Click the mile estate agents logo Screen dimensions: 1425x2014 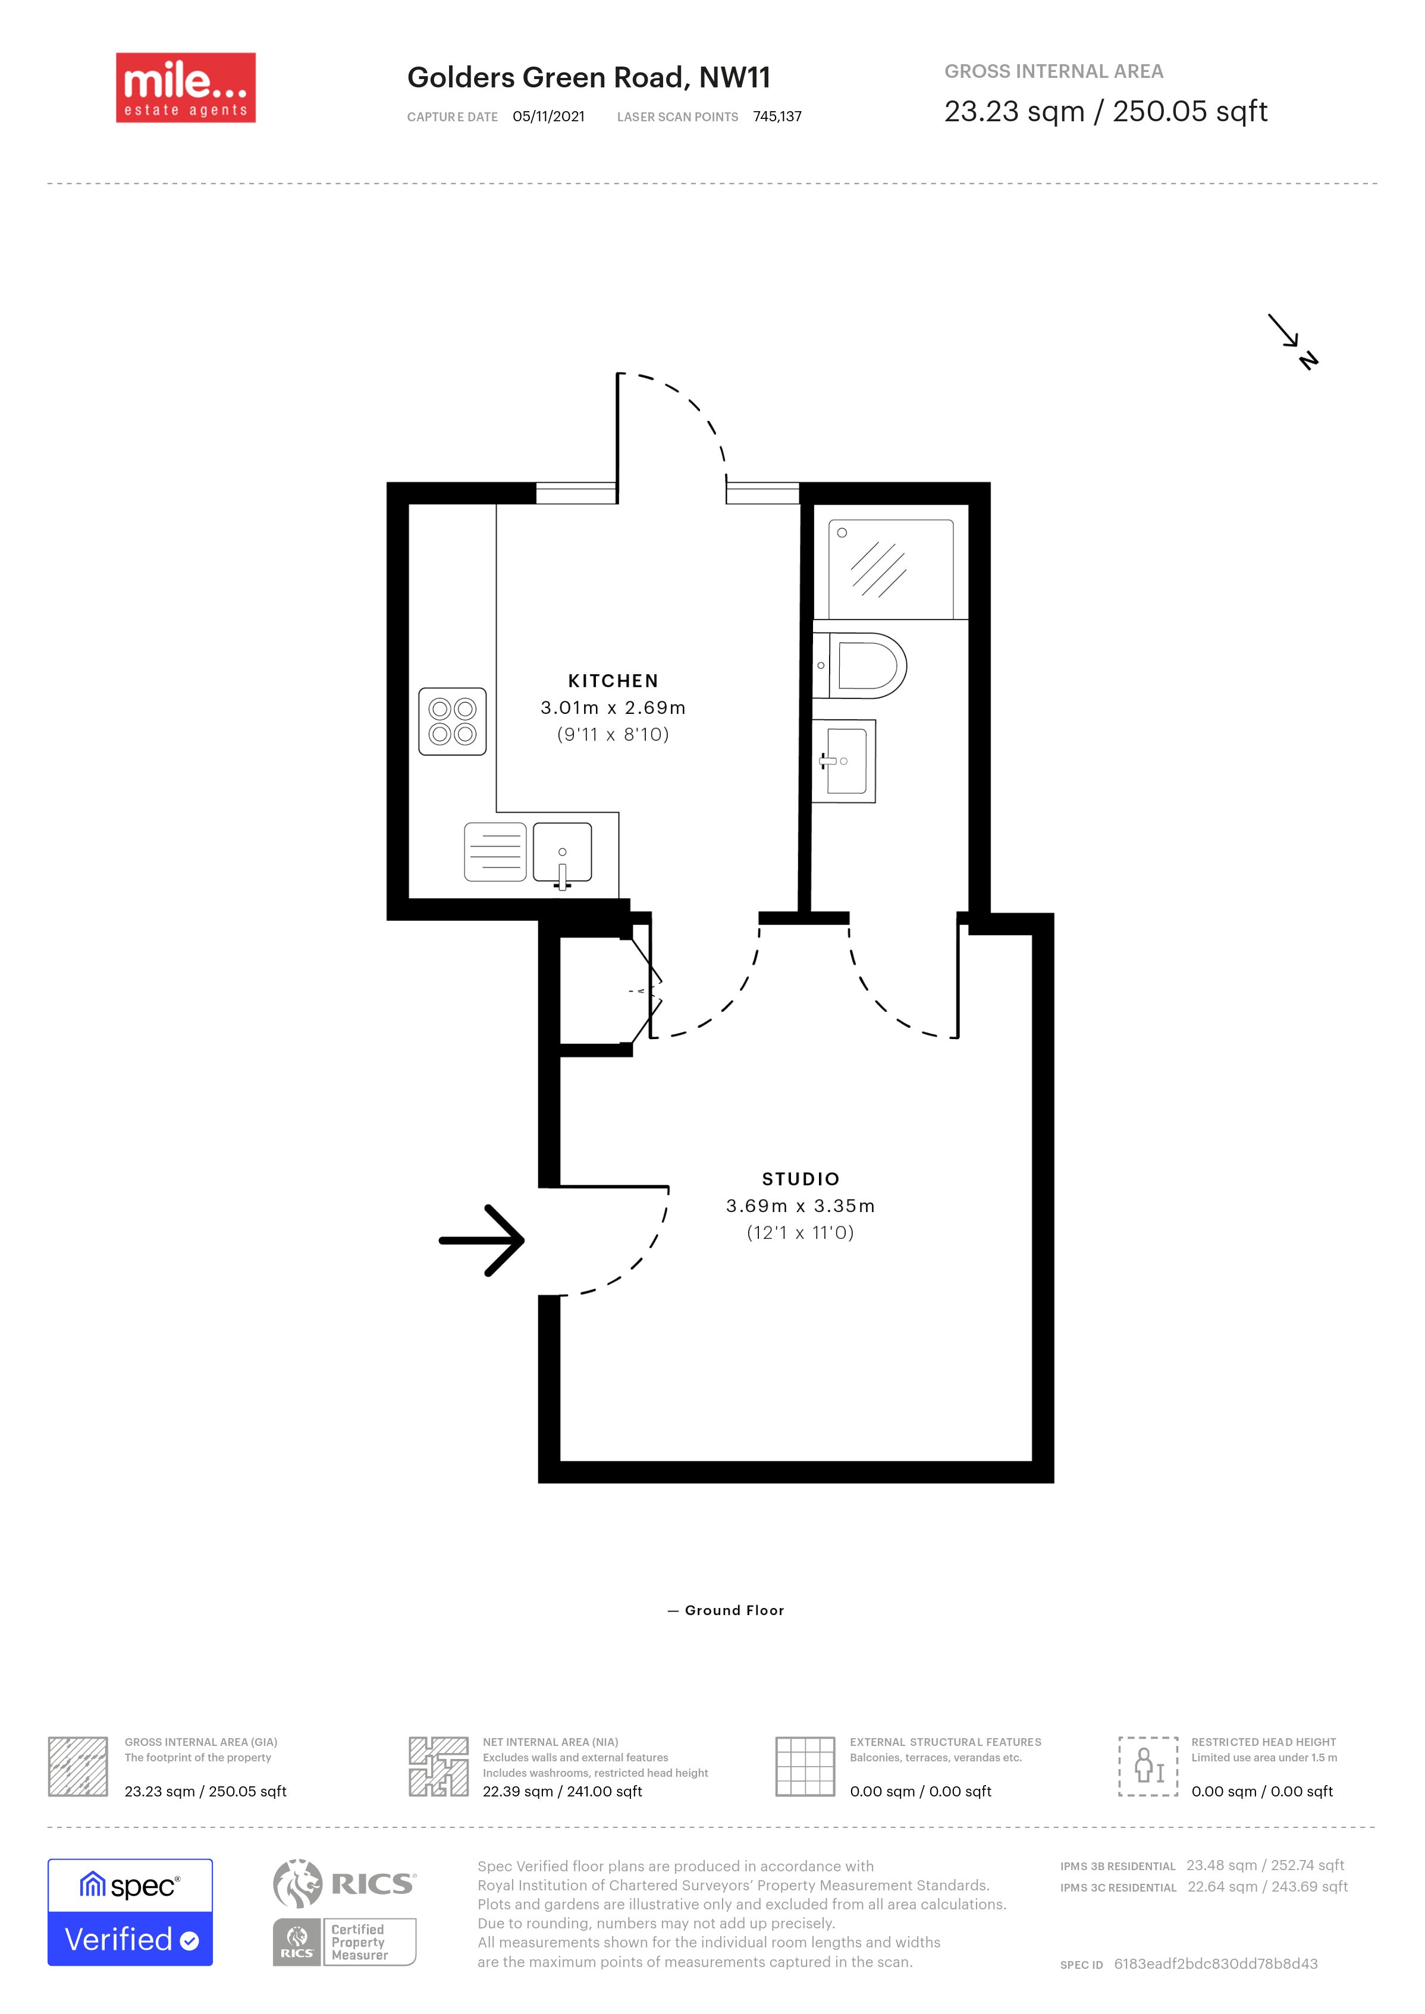(186, 88)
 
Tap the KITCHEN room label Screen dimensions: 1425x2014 (613, 681)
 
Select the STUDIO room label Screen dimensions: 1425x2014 (801, 1179)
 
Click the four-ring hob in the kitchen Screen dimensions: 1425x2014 (452, 721)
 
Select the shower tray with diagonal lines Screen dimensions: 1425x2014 (891, 569)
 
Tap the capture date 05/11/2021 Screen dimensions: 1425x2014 (548, 117)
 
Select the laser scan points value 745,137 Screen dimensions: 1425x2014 (777, 117)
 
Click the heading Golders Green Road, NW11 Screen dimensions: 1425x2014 (589, 78)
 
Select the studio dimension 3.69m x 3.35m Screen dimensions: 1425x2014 (801, 1206)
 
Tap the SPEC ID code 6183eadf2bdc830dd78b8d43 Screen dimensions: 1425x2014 (1216, 1964)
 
